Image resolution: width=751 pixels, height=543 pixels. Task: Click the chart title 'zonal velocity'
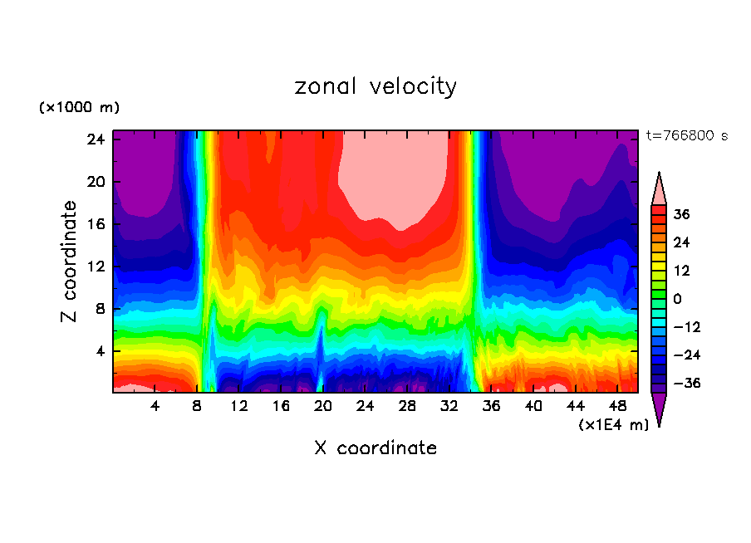pyautogui.click(x=375, y=86)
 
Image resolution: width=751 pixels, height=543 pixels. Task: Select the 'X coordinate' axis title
pyautogui.click(x=375, y=448)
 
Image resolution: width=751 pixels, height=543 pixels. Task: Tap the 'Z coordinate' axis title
pyautogui.click(x=71, y=262)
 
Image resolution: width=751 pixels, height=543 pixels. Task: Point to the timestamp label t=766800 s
pyautogui.click(x=686, y=135)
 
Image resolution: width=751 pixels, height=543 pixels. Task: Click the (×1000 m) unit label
pyautogui.click(x=79, y=108)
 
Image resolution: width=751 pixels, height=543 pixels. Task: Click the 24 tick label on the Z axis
pyautogui.click(x=96, y=139)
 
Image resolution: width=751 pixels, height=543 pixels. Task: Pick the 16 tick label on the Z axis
pyautogui.click(x=96, y=224)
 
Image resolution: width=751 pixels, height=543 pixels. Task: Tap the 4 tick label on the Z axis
pyautogui.click(x=100, y=351)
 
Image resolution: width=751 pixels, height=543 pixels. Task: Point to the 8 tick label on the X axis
pyautogui.click(x=197, y=406)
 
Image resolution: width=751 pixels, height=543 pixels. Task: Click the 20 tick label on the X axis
pyautogui.click(x=323, y=406)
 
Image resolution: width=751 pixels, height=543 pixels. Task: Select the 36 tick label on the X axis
pyautogui.click(x=491, y=406)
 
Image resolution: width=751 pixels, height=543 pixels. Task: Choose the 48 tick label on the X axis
pyautogui.click(x=617, y=406)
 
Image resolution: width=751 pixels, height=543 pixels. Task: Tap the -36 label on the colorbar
pyautogui.click(x=686, y=384)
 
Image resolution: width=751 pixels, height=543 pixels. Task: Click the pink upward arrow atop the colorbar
pyautogui.click(x=659, y=188)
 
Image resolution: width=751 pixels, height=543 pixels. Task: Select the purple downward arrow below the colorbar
pyautogui.click(x=659, y=408)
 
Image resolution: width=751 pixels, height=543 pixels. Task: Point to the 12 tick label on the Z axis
pyautogui.click(x=96, y=267)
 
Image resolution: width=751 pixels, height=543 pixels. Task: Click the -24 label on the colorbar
pyautogui.click(x=686, y=355)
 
